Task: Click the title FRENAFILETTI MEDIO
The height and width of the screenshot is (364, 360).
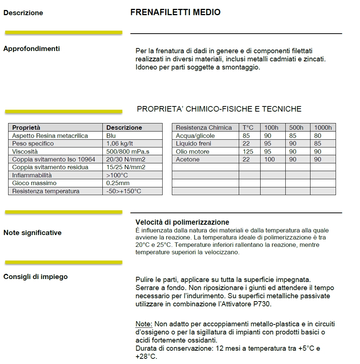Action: [x=175, y=12]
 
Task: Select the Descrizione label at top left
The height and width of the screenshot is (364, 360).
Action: [x=23, y=13]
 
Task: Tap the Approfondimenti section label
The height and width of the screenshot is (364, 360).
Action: [x=31, y=48]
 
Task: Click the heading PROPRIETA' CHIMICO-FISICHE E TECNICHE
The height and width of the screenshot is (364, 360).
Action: [x=219, y=109]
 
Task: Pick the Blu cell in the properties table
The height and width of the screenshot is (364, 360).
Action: [x=111, y=136]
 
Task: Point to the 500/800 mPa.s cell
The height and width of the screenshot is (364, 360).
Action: [x=128, y=152]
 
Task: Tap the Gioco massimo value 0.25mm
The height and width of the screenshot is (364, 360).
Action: [x=118, y=183]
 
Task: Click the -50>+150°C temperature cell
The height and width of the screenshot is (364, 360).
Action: [x=124, y=191]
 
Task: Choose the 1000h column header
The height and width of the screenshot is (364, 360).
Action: [x=323, y=127]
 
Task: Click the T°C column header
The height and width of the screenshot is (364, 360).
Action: [x=249, y=127]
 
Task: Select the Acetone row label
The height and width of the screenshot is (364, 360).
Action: [x=188, y=160]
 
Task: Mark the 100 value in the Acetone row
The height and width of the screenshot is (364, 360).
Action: [x=270, y=160]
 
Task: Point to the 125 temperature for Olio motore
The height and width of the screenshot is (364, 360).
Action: [x=248, y=152]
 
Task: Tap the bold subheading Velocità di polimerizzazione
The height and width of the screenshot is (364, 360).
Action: [x=182, y=222]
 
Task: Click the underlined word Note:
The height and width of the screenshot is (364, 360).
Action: [x=144, y=324]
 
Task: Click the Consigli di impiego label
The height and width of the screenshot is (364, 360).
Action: [x=35, y=276]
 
